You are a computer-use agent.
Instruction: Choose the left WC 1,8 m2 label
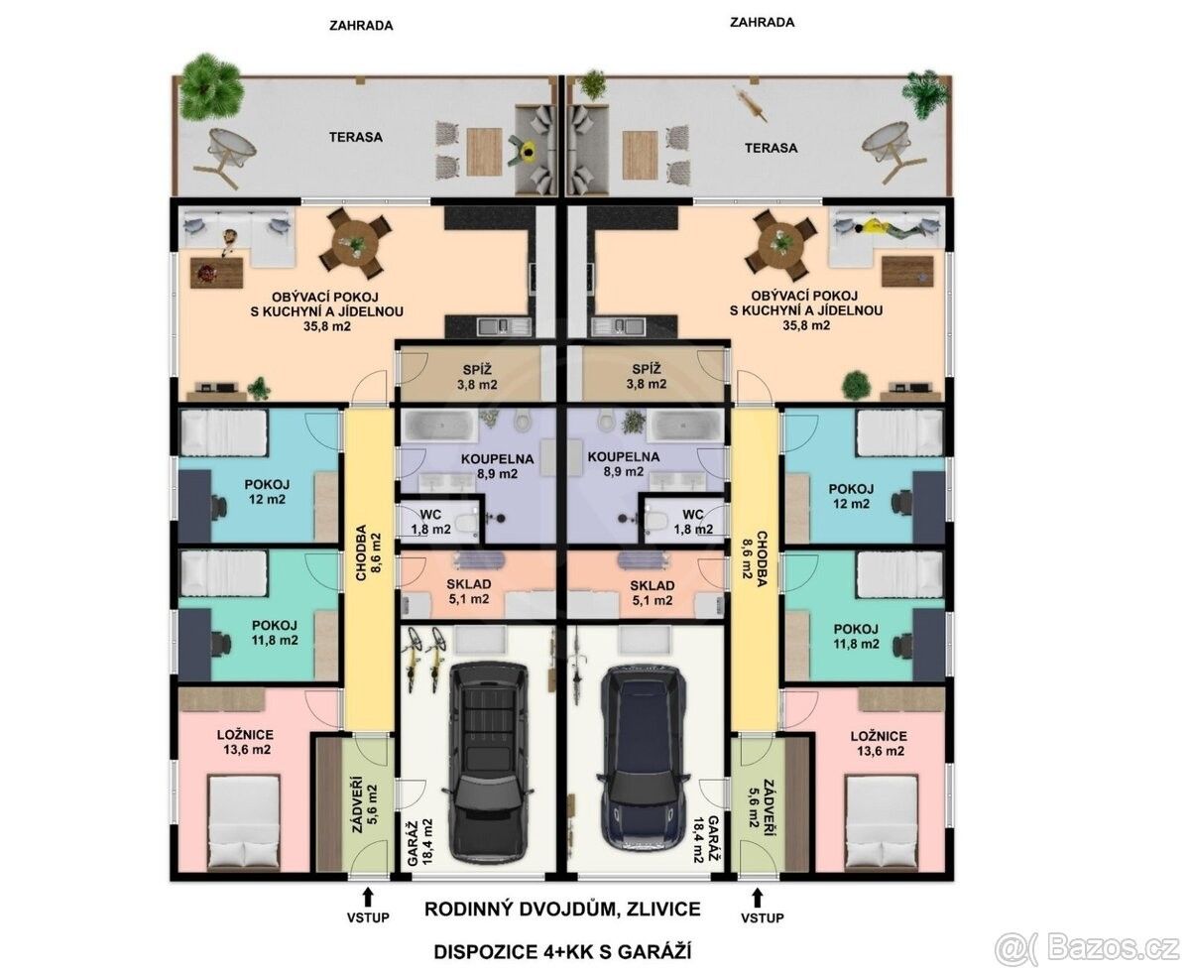point(430,522)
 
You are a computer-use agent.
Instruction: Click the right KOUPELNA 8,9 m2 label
point(624,464)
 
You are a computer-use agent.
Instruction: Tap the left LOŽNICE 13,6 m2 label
point(246,742)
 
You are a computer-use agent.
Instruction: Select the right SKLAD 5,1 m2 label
point(653,593)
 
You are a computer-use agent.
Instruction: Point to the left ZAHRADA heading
point(361,26)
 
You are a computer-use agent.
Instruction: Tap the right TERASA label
point(771,148)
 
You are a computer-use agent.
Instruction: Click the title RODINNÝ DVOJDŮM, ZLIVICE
point(562,910)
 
